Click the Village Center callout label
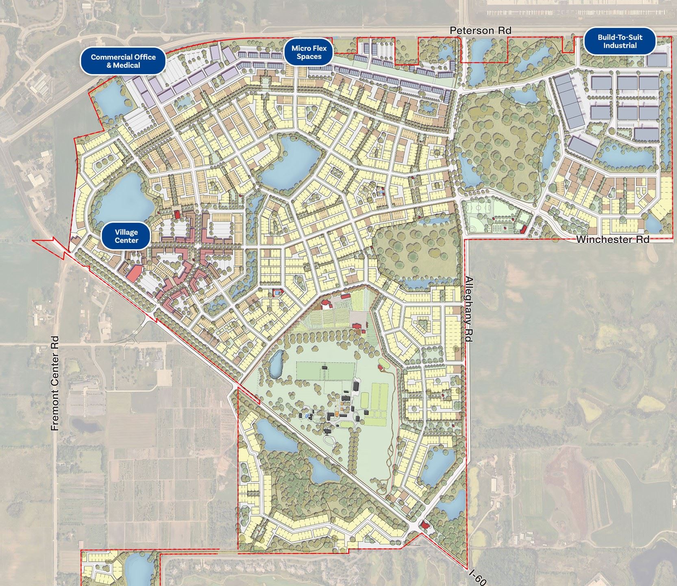pos(126,236)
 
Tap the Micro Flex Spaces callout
pos(309,52)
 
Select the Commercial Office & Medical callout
pos(123,61)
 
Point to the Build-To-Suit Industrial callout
pos(620,41)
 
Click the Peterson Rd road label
pos(480,31)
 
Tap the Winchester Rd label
pos(612,239)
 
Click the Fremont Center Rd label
pos(56,383)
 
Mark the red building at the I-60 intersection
pos(425,525)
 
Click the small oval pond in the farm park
pos(276,363)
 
